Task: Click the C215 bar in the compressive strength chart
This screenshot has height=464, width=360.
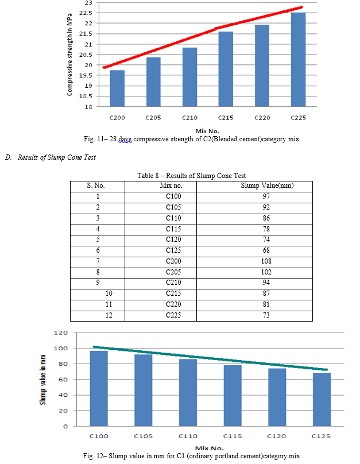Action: click(x=226, y=69)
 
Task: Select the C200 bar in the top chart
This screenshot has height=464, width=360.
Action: click(x=117, y=88)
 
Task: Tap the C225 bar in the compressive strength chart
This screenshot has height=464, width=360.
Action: click(x=298, y=60)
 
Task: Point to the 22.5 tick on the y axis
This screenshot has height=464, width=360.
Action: click(x=86, y=13)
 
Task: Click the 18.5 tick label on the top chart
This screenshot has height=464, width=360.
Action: click(x=86, y=96)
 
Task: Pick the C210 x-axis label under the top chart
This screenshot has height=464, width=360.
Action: click(x=189, y=118)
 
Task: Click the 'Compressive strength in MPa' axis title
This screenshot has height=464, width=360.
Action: click(x=69, y=55)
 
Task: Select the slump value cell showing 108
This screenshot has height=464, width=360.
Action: click(x=266, y=261)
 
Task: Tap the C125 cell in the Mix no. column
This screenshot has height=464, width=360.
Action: click(x=173, y=250)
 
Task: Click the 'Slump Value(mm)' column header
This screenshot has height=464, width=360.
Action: click(x=267, y=185)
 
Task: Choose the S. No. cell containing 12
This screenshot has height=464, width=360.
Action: click(x=109, y=315)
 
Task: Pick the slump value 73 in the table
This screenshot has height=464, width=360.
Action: click(x=266, y=315)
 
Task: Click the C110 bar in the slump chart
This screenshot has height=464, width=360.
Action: click(x=188, y=392)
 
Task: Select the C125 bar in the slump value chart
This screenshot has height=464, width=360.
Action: click(x=322, y=400)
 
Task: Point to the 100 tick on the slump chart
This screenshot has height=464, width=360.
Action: click(x=61, y=349)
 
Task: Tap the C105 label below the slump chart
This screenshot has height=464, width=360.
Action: click(x=143, y=436)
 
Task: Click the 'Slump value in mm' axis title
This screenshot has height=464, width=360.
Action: click(x=43, y=380)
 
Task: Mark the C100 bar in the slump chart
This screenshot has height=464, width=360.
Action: click(x=99, y=388)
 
